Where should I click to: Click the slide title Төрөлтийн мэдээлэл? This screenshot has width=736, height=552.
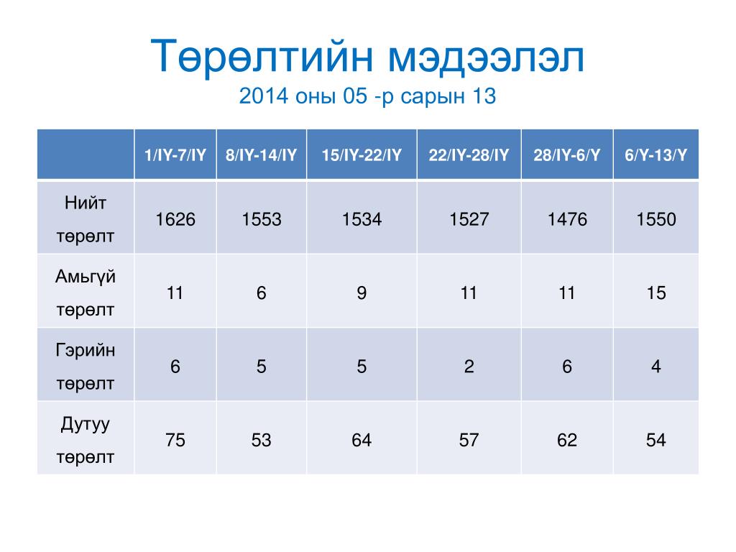click(367, 57)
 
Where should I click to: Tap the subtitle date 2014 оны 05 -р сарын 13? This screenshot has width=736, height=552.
click(367, 96)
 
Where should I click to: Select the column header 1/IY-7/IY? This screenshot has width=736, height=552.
click(175, 155)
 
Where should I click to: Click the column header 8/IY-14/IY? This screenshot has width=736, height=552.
click(262, 155)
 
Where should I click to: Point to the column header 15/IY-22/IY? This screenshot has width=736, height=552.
click(362, 155)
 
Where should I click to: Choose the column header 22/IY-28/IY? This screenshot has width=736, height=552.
click(469, 155)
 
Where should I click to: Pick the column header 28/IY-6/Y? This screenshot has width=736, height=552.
click(567, 155)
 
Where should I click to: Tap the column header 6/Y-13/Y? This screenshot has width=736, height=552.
click(655, 155)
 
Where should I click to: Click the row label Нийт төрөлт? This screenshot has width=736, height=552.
click(86, 219)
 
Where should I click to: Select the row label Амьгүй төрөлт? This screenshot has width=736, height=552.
click(86, 293)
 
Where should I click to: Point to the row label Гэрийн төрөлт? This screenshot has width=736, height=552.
click(86, 367)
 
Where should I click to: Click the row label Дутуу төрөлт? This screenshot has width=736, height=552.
click(86, 441)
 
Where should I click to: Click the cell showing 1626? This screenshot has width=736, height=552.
click(175, 219)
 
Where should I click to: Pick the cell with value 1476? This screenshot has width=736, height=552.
click(567, 219)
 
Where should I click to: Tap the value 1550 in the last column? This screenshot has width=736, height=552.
click(655, 219)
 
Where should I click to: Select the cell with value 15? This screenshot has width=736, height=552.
click(655, 293)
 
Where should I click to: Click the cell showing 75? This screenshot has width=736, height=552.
click(175, 441)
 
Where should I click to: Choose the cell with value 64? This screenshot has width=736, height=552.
click(362, 441)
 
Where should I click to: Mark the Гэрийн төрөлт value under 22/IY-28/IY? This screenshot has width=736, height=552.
click(469, 367)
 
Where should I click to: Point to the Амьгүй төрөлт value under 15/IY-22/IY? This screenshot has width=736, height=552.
click(362, 293)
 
